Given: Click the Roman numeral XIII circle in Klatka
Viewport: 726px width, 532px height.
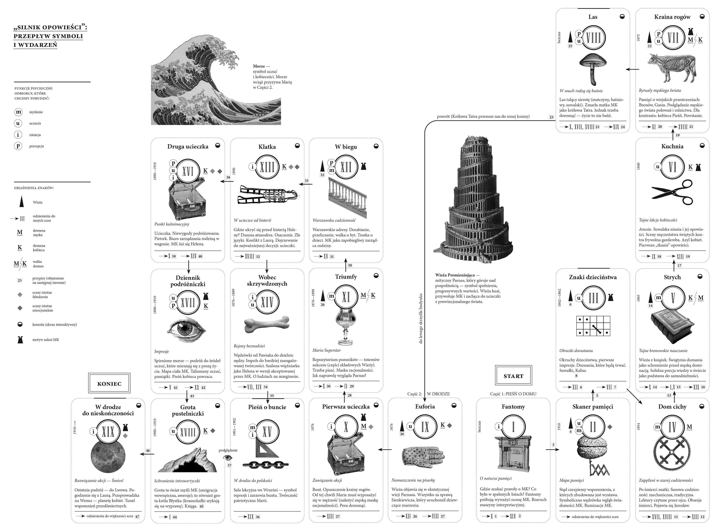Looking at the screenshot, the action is coord(267,167).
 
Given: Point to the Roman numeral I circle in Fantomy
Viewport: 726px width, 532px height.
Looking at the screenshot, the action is coord(513,427).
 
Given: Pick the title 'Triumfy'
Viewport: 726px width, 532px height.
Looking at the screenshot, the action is coord(346,277).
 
